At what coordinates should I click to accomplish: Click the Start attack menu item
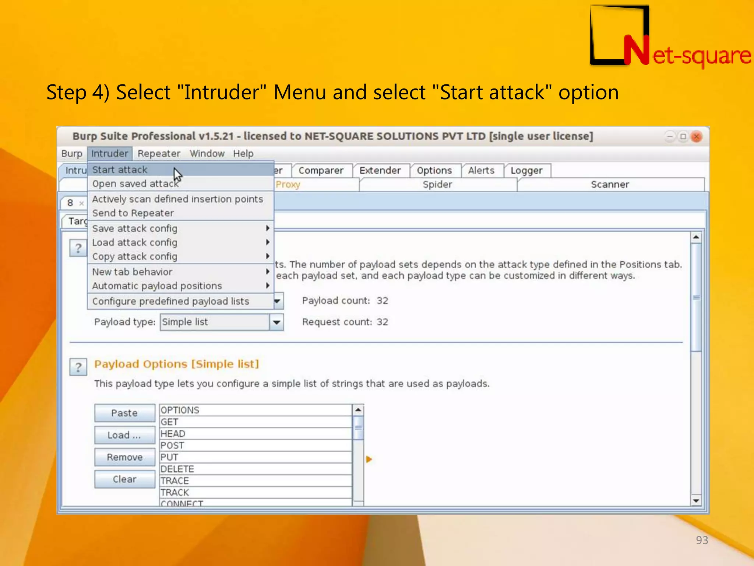click(x=120, y=170)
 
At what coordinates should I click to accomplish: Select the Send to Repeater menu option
click(x=133, y=213)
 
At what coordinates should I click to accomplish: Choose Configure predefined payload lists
click(x=170, y=301)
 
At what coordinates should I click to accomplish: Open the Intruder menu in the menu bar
click(x=109, y=154)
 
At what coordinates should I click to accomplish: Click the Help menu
click(x=243, y=154)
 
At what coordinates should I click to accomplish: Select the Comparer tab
click(x=321, y=171)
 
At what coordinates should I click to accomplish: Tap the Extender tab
click(x=380, y=171)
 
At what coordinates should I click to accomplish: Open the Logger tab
click(x=526, y=171)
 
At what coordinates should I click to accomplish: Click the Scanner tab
click(x=610, y=185)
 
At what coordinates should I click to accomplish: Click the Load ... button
click(x=124, y=435)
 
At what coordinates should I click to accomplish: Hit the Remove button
click(x=124, y=457)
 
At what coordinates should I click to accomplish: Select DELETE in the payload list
click(x=177, y=469)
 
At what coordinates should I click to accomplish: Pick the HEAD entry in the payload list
click(x=173, y=434)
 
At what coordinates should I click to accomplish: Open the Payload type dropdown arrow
click(x=276, y=322)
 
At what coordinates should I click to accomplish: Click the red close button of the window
click(x=696, y=137)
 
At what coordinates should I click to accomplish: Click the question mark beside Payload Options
click(x=78, y=367)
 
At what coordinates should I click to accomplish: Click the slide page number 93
click(x=702, y=540)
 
